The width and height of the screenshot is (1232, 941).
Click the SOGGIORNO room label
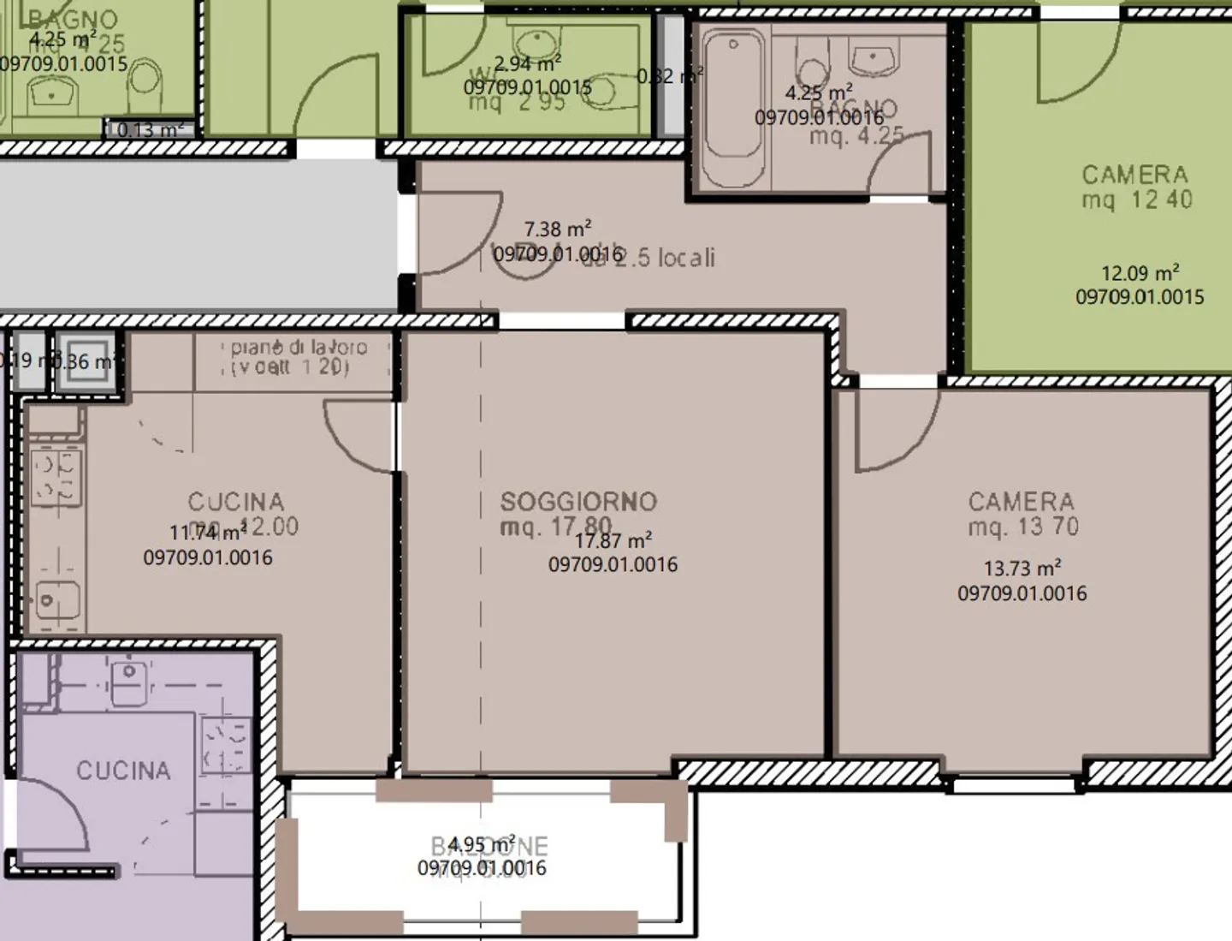click(578, 502)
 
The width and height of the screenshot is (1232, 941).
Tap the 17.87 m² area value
click(613, 541)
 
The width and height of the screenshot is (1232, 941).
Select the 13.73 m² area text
click(1022, 569)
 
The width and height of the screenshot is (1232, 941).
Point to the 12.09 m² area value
click(1140, 274)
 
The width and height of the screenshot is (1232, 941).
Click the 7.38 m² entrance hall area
click(557, 229)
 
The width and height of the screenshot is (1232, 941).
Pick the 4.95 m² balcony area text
click(482, 844)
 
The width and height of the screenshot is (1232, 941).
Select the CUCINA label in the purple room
click(123, 771)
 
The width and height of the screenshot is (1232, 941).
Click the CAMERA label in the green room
click(1134, 176)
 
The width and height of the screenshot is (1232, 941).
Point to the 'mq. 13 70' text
click(1023, 527)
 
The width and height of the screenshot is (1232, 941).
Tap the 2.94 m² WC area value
click(527, 63)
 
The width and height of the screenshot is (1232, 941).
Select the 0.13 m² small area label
click(150, 130)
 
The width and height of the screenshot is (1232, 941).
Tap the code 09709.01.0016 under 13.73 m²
click(1022, 593)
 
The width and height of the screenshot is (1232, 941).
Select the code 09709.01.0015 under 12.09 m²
click(1140, 297)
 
